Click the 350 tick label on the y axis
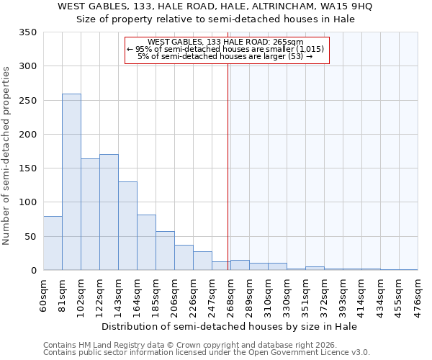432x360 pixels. coord(27,32)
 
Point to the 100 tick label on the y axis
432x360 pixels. coord(27,202)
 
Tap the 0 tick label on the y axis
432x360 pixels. coord(33,271)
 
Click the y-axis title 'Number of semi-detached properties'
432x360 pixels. coord(7,155)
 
